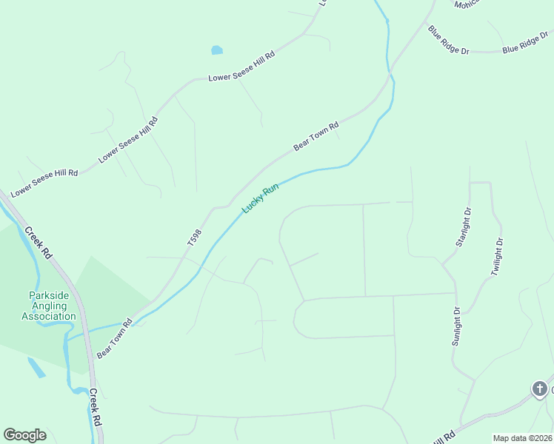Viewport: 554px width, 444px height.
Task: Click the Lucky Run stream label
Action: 260,198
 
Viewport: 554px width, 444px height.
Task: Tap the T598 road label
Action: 194,237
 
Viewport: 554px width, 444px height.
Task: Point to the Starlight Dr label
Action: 463,228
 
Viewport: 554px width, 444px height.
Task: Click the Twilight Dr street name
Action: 498,257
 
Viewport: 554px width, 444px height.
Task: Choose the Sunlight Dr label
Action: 456,326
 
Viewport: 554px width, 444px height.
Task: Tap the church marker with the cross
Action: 540,388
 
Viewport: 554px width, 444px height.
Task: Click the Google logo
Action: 24,435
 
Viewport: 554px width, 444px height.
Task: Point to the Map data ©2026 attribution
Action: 522,438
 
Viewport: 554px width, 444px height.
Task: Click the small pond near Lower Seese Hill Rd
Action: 216,50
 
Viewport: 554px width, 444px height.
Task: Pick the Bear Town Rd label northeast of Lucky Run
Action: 316,136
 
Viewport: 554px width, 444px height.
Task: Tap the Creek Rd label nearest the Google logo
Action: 96,406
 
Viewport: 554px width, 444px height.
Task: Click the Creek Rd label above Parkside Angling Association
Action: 38,242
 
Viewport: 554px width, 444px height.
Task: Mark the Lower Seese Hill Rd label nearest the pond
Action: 241,67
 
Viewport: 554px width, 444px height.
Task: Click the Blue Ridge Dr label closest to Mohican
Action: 449,40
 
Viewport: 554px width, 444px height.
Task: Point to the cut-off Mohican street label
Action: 467,3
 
